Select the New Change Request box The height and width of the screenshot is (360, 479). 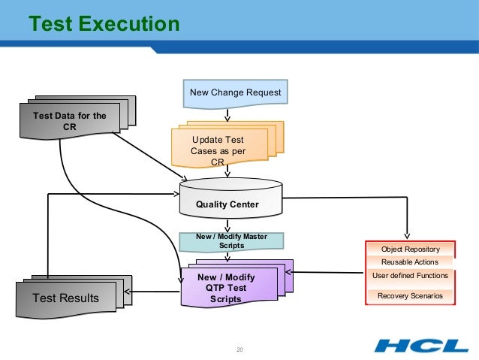tap(236, 93)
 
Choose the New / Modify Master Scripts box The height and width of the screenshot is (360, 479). tap(231, 241)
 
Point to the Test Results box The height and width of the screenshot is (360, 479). tap(66, 298)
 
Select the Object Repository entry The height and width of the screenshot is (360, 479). tap(409, 249)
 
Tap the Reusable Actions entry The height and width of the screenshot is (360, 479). tap(409, 262)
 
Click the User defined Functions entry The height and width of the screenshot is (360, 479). tap(410, 275)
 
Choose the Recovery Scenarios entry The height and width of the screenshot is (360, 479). tap(410, 296)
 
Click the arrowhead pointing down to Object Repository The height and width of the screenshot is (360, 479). tap(408, 235)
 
